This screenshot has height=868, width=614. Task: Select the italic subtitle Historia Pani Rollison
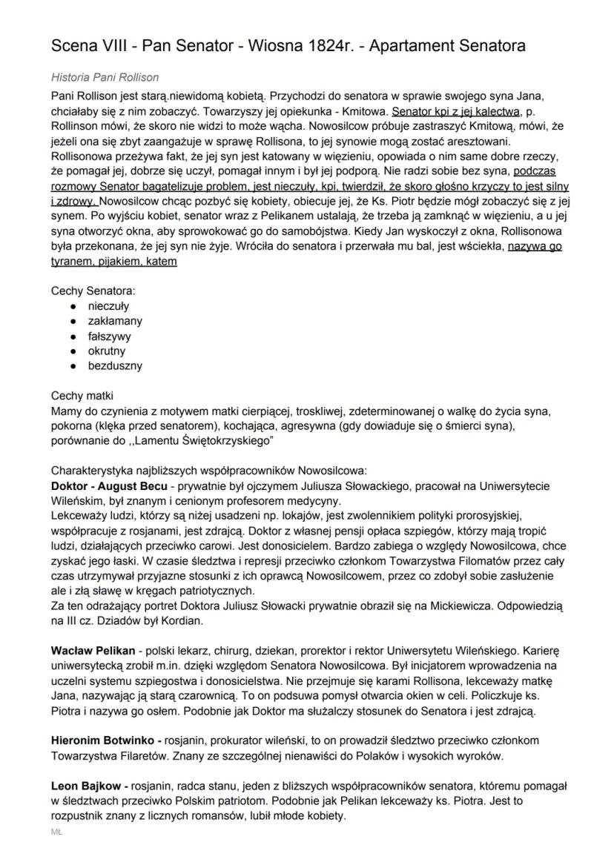click(105, 77)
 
